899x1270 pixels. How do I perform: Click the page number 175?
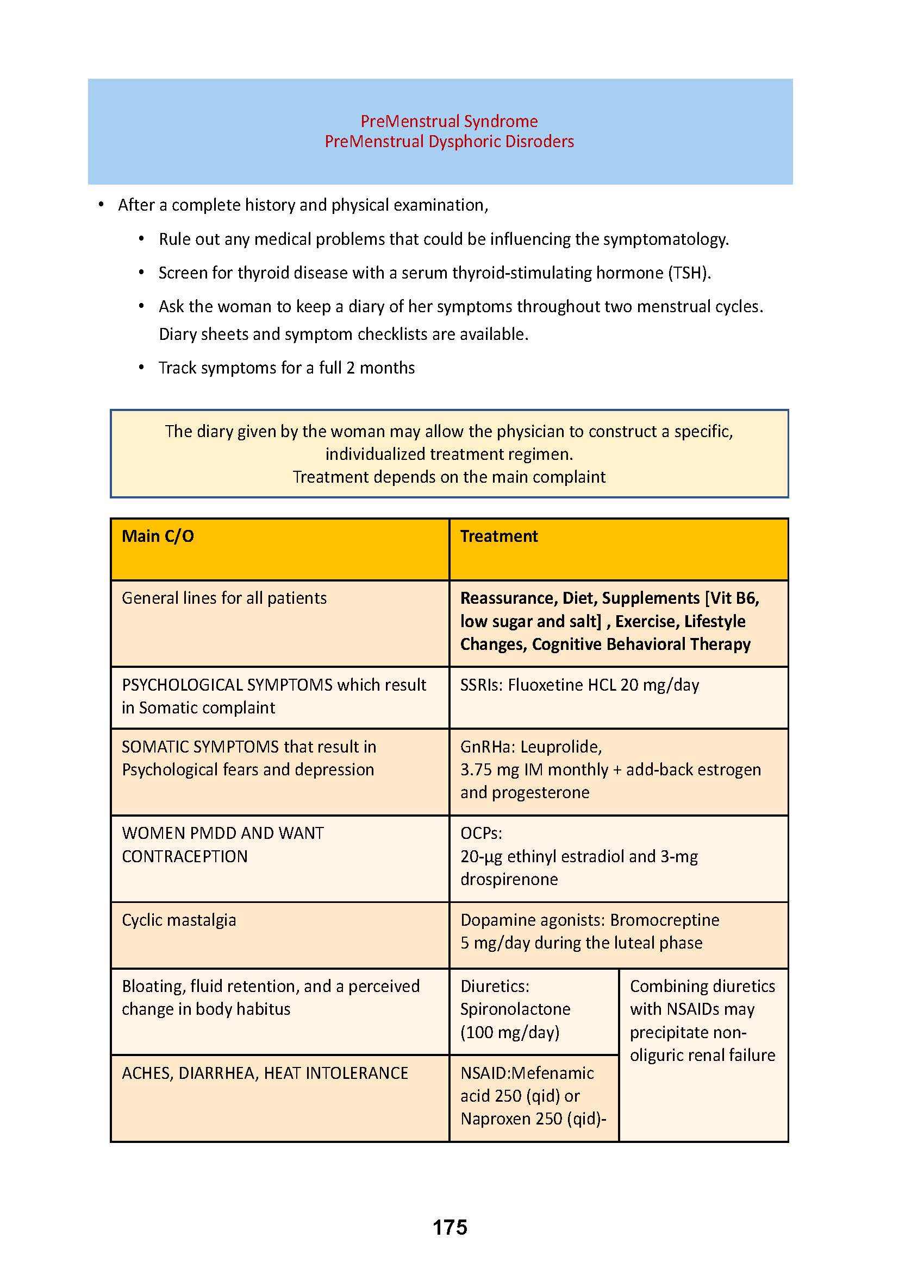[450, 1227]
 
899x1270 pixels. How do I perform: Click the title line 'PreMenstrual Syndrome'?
[449, 121]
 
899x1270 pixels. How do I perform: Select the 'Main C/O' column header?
[158, 536]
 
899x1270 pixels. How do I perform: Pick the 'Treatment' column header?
[499, 536]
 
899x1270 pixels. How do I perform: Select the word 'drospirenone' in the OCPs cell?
[509, 879]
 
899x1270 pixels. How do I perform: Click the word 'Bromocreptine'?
[664, 920]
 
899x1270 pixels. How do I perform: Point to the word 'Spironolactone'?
[515, 1009]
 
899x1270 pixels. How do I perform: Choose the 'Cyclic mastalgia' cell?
[179, 920]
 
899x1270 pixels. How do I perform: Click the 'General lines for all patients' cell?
[224, 598]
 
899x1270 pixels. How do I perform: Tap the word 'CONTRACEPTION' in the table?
[184, 856]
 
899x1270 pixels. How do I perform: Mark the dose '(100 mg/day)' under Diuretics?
[510, 1032]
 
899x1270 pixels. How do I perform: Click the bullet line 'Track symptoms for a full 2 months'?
[286, 368]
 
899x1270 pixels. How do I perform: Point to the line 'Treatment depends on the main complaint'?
[449, 477]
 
